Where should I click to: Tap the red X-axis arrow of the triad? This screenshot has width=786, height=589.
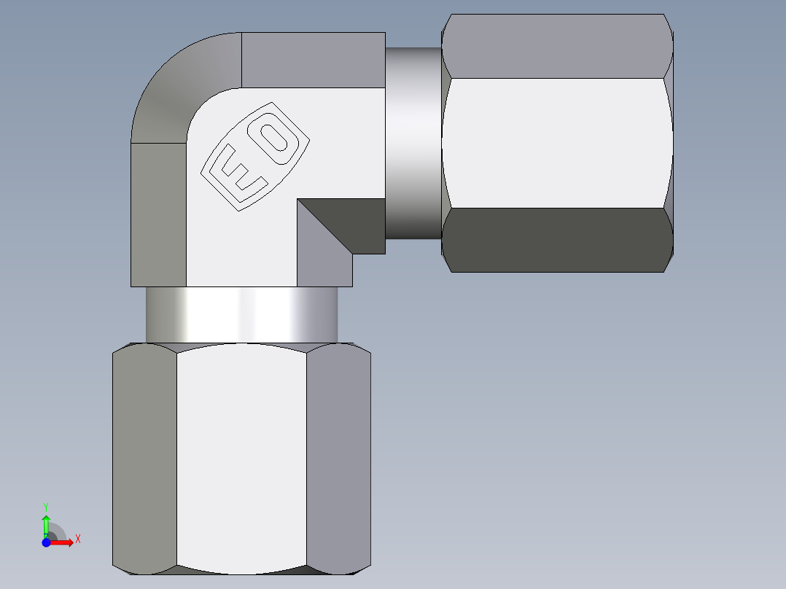pyautogui.click(x=61, y=542)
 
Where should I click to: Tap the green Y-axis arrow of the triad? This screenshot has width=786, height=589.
pyautogui.click(x=46, y=525)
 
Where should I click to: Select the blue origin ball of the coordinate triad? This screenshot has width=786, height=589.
pyautogui.click(x=46, y=542)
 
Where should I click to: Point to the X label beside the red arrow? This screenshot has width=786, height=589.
pyautogui.click(x=77, y=539)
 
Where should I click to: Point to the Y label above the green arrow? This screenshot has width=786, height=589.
pyautogui.click(x=46, y=506)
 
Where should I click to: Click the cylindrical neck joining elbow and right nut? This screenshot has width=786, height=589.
pyautogui.click(x=413, y=143)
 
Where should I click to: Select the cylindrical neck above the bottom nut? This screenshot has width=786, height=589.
pyautogui.click(x=241, y=314)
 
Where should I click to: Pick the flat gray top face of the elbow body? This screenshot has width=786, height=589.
pyautogui.click(x=313, y=60)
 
